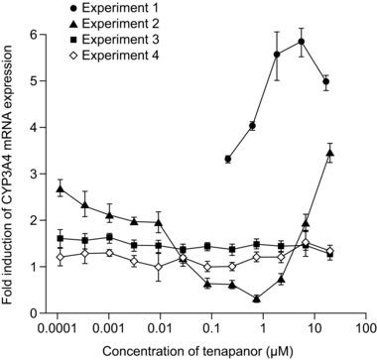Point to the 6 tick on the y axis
tap(40, 34)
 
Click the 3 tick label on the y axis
tap(40, 174)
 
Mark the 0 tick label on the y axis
tap(40, 313)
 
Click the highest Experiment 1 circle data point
tap(301, 42)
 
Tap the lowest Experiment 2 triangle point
tap(257, 299)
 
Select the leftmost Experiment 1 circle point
tap(228, 159)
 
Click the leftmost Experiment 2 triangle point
tap(62, 188)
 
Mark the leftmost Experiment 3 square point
tap(62, 239)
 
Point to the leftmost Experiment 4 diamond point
tap(62, 257)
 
